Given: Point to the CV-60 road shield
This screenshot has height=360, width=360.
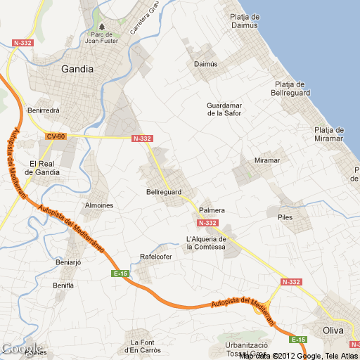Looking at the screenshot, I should point(56,136).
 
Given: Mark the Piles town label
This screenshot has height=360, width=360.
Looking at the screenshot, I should point(285,217).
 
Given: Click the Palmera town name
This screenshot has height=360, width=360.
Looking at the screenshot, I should point(212,210).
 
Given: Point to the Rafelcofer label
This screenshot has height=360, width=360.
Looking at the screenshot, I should point(156,257).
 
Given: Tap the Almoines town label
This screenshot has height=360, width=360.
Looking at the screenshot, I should point(98,205).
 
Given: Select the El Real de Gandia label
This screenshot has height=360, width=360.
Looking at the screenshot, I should point(39,167).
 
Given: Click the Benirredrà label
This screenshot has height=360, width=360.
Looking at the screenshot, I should point(43,110).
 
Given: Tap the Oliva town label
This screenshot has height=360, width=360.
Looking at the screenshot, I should point(333,330).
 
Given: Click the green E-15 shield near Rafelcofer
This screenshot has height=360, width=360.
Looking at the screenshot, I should point(120,273).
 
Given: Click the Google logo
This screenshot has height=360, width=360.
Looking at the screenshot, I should point(22,349).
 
